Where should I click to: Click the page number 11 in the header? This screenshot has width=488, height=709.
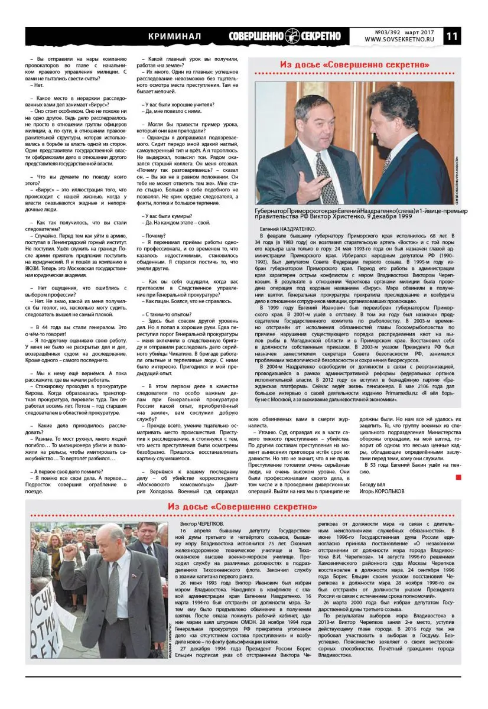point(469,36)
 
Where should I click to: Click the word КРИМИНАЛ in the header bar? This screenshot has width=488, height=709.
point(174,37)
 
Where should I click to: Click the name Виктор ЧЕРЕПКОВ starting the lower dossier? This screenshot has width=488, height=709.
point(201,523)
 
